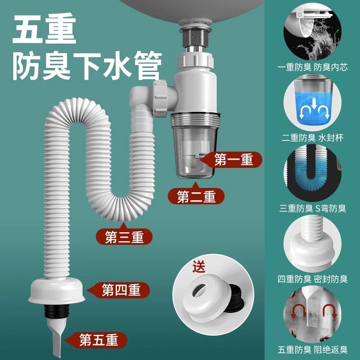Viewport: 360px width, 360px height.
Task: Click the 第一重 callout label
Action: [x=234, y=159]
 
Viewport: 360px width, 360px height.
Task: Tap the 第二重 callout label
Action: [x=196, y=196]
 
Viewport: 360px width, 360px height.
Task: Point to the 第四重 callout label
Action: [x=119, y=290]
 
